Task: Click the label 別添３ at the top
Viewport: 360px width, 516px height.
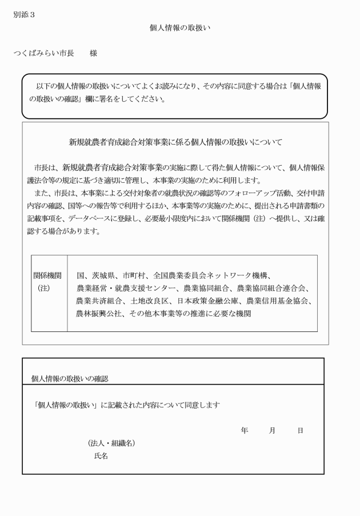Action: pos(24,15)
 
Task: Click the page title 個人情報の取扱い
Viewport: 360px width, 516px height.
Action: pos(181,27)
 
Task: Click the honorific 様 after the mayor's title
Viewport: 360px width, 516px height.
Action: pos(93,53)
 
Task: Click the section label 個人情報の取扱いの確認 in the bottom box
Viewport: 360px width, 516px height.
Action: pos(70,378)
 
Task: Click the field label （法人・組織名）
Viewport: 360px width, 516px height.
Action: pos(112,443)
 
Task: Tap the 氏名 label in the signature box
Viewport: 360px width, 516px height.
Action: pos(101,456)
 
